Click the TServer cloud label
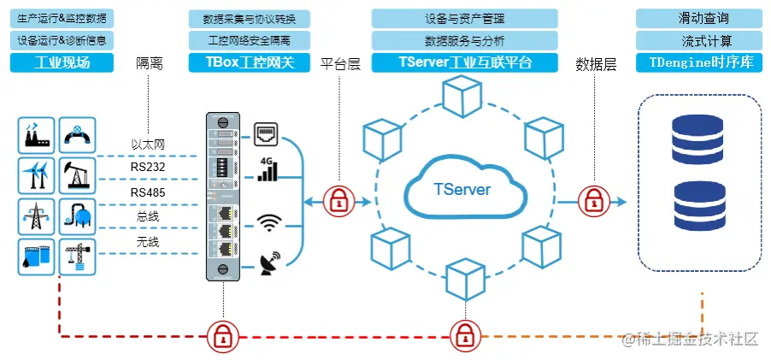coord(462,189)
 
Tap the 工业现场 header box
coord(62,62)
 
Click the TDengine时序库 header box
coord(698,62)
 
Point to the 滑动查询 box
coord(698,18)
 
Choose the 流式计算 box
coord(698,40)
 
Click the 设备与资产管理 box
coord(464,18)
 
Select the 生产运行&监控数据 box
coord(62,18)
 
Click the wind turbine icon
coord(36,175)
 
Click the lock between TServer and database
coord(591,202)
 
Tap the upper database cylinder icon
coord(697,135)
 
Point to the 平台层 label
coord(339,64)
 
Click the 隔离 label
coord(150,64)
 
